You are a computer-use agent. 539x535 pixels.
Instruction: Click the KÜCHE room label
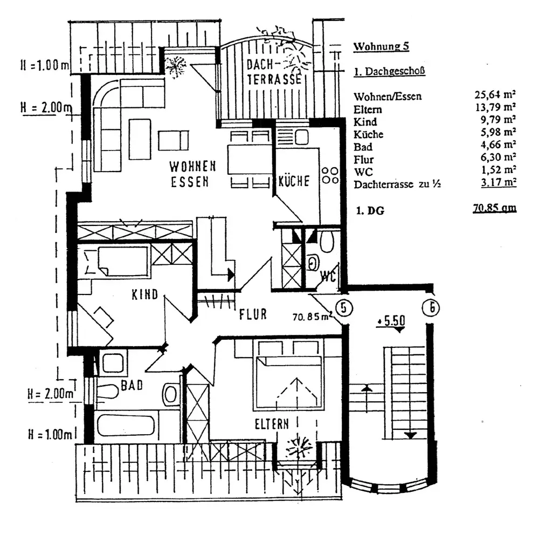pyautogui.click(x=294, y=181)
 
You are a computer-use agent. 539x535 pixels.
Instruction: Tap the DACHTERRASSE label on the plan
pyautogui.click(x=274, y=72)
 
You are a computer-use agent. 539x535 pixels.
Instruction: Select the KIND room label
pyautogui.click(x=144, y=294)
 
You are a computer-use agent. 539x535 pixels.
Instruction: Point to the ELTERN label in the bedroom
pyautogui.click(x=272, y=424)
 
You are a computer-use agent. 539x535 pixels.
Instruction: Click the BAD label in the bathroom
pyautogui.click(x=132, y=385)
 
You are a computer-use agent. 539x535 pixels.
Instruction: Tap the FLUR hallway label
pyautogui.click(x=253, y=314)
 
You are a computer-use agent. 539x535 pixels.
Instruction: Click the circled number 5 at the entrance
pyautogui.click(x=343, y=307)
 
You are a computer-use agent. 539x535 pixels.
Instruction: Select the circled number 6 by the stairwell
pyautogui.click(x=431, y=307)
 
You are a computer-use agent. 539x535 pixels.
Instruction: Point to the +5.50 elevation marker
pyautogui.click(x=391, y=321)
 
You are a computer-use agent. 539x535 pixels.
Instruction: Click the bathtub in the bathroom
pyautogui.click(x=126, y=425)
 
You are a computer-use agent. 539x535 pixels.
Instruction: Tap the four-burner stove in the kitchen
pyautogui.click(x=330, y=175)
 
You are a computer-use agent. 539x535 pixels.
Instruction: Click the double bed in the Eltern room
pyautogui.click(x=288, y=375)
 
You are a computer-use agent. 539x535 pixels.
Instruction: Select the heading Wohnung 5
pyautogui.click(x=381, y=46)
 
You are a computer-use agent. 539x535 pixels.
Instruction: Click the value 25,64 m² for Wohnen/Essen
pyautogui.click(x=495, y=94)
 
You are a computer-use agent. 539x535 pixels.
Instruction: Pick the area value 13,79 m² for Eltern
pyautogui.click(x=495, y=107)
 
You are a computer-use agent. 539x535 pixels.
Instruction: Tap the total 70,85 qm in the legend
pyautogui.click(x=495, y=208)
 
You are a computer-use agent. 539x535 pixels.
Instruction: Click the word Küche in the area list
pyautogui.click(x=368, y=134)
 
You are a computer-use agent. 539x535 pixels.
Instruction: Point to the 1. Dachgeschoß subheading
pyautogui.click(x=390, y=71)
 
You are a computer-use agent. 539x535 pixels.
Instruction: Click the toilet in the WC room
pyautogui.click(x=326, y=242)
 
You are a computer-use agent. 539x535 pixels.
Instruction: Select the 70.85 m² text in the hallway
pyautogui.click(x=312, y=316)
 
